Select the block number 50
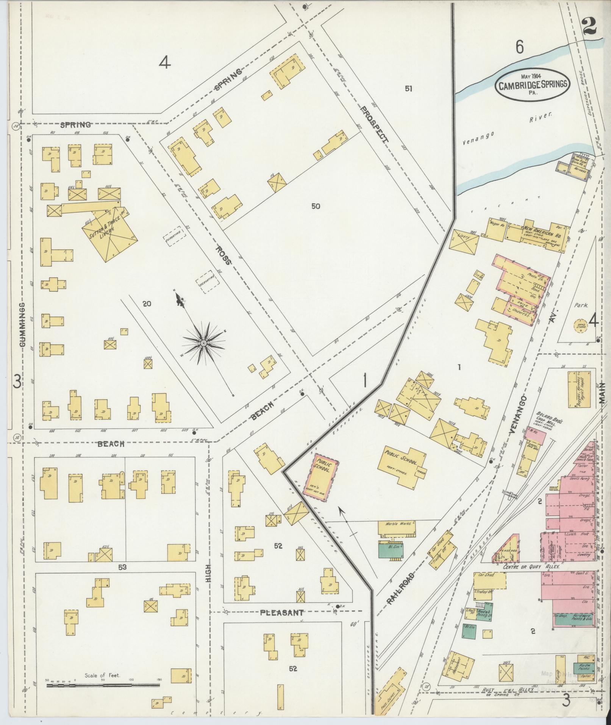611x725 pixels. click(316, 206)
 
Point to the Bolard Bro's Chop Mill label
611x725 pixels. click(545, 420)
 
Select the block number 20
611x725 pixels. click(147, 303)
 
